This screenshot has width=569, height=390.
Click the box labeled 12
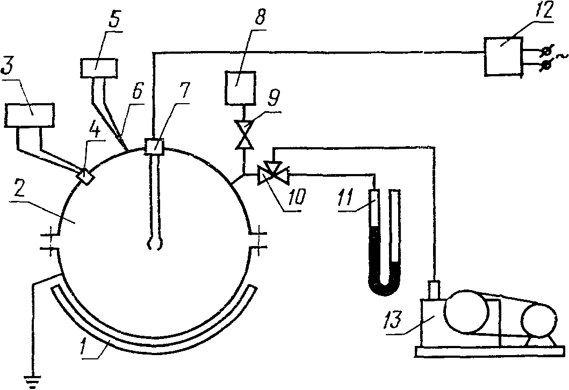tap(502, 55)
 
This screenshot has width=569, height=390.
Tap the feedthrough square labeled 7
tap(154, 145)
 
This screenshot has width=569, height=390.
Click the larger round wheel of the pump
tap(466, 314)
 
